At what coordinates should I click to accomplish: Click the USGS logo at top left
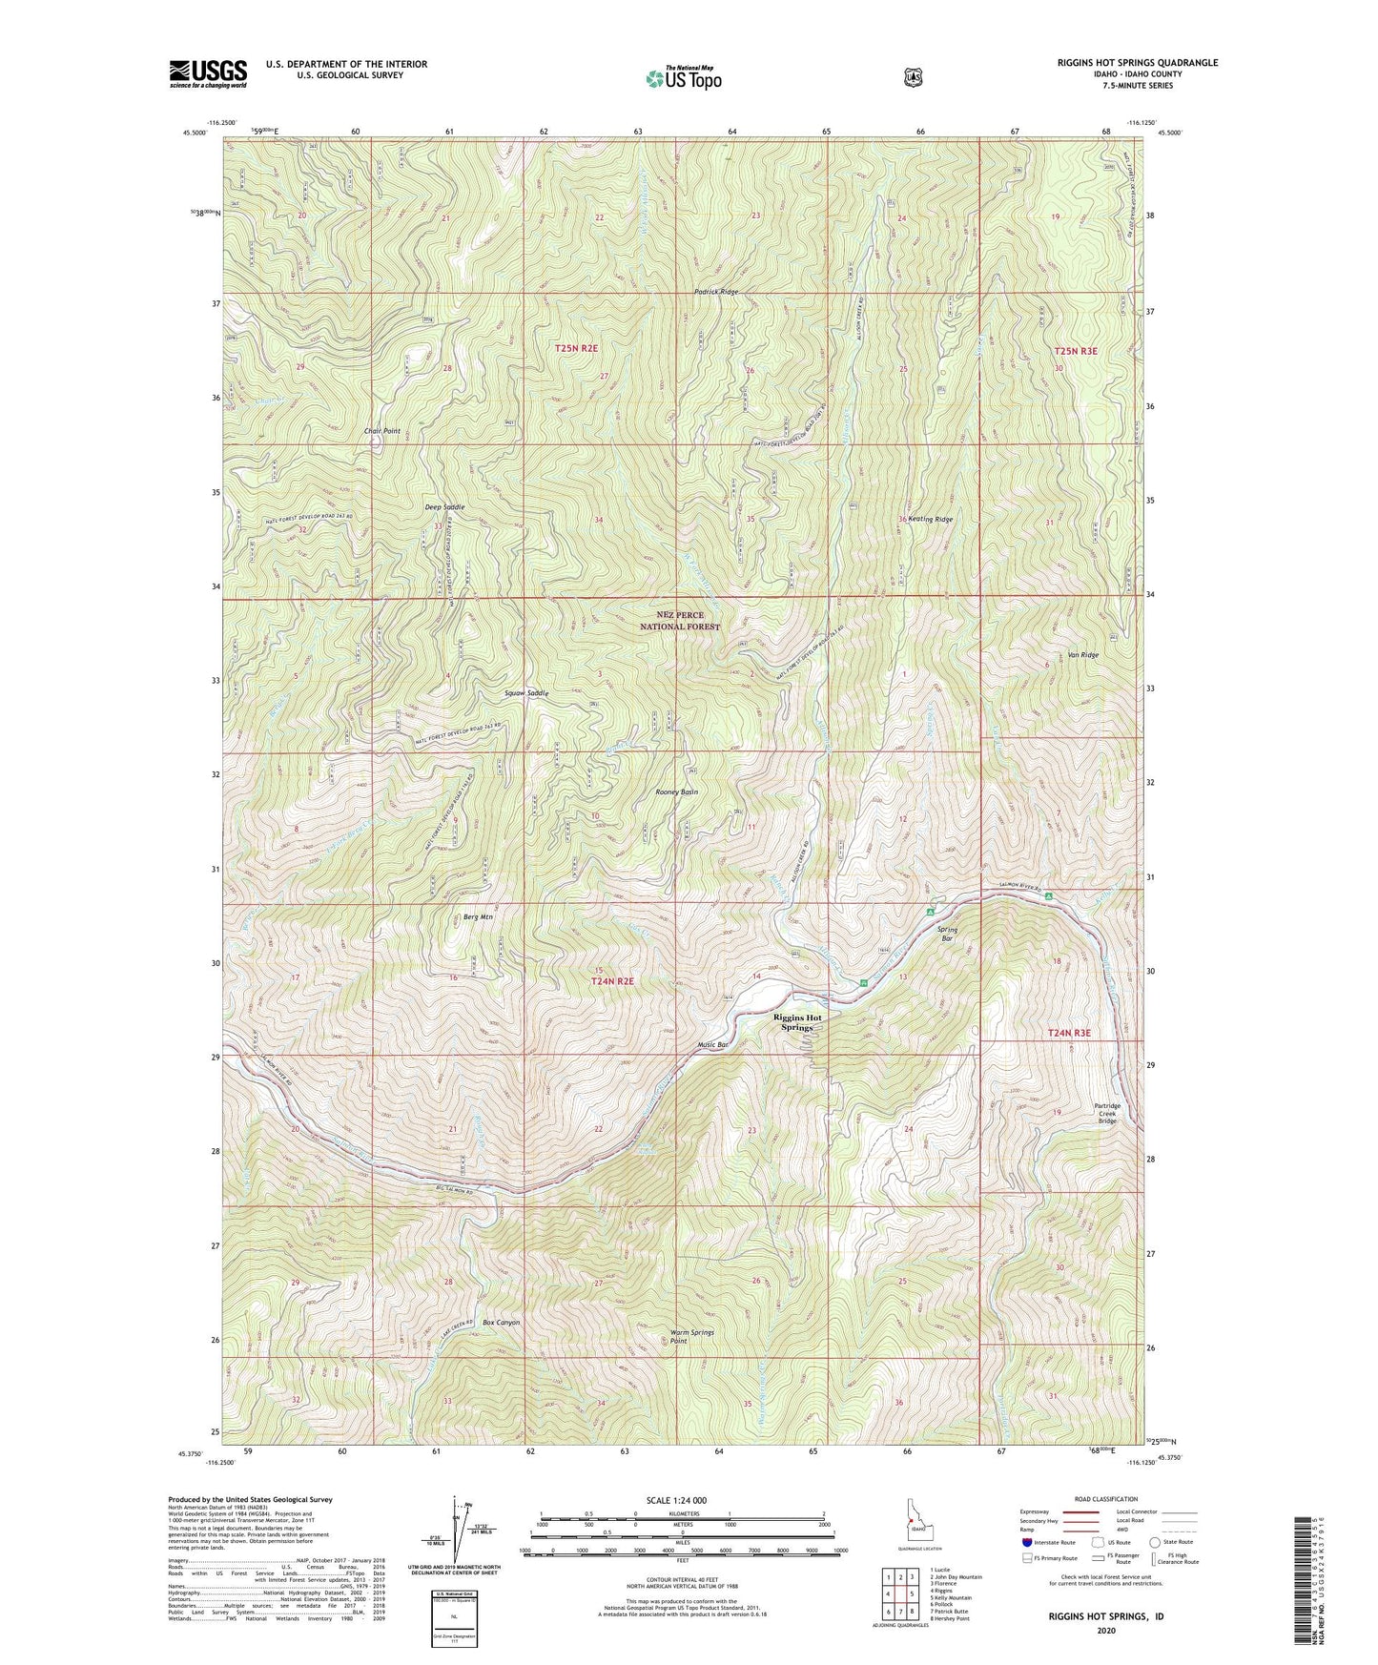208,73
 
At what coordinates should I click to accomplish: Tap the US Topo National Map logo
683,78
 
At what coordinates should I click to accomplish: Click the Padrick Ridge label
715,292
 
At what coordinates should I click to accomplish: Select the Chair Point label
381,431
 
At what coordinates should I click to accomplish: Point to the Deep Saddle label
444,507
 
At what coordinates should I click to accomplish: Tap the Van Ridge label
1083,655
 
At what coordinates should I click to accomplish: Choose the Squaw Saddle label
526,693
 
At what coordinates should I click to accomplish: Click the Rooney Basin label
677,792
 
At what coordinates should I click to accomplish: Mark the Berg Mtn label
478,917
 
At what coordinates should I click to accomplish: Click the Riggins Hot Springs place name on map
797,1022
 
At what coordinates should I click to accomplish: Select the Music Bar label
712,1045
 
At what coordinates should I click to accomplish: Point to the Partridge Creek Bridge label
1106,1114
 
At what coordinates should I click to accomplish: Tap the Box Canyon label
501,1323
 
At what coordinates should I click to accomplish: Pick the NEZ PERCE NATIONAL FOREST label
679,621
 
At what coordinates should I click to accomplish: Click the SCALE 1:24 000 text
676,1501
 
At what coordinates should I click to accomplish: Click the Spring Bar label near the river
946,934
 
